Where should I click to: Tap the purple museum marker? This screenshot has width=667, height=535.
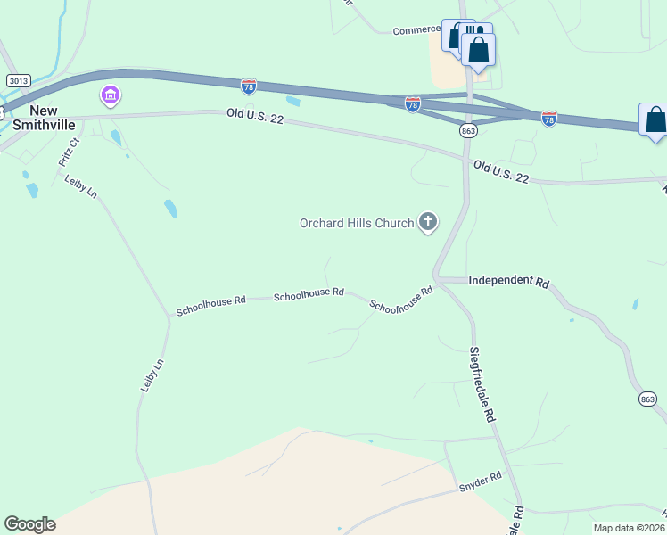[111, 95]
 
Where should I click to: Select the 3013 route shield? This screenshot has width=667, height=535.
[15, 80]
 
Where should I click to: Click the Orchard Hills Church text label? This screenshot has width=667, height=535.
[357, 223]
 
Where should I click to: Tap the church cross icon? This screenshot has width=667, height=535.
[428, 222]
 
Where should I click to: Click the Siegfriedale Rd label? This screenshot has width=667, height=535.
[482, 384]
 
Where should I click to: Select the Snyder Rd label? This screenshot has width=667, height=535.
[481, 482]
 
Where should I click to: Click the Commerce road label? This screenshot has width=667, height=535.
[416, 29]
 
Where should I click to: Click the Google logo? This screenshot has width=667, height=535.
[29, 524]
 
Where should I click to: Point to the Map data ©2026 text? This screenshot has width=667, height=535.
[629, 528]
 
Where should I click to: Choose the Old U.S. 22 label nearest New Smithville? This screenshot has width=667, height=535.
[254, 116]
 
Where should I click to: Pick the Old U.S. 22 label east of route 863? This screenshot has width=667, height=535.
[501, 172]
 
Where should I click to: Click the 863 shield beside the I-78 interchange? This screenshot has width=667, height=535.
[468, 130]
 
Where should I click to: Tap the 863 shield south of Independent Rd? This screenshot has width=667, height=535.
[648, 399]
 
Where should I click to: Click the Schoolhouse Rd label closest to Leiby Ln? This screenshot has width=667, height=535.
[210, 306]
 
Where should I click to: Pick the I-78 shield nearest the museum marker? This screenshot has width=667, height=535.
[249, 86]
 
